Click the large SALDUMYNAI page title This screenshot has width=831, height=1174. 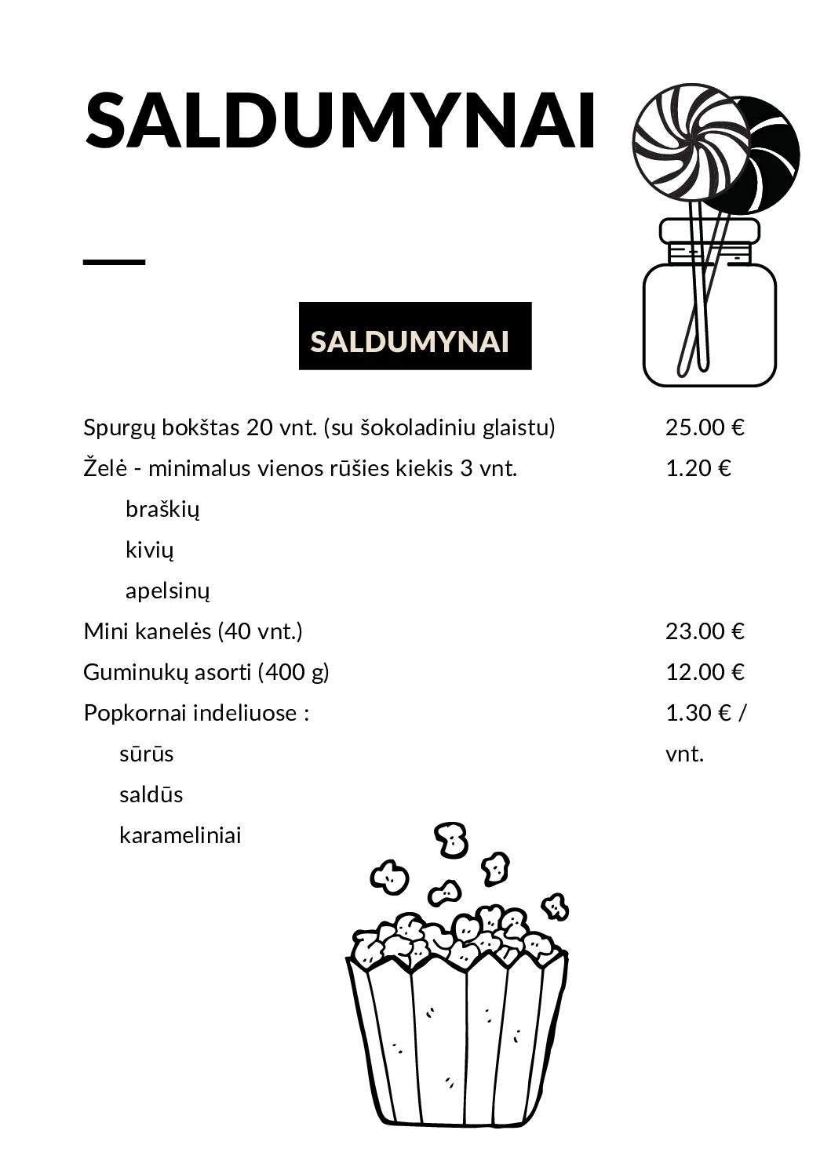(x=340, y=122)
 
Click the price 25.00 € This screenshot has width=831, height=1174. (x=704, y=427)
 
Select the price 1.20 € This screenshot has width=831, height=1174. (x=698, y=468)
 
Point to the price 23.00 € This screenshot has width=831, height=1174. (x=704, y=631)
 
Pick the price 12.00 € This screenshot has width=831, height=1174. (x=704, y=672)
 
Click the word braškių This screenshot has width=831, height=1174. (x=162, y=510)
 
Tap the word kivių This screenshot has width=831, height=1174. (x=149, y=551)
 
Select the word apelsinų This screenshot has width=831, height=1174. (x=167, y=591)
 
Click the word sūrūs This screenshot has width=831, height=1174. (x=146, y=754)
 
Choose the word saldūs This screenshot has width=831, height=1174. (x=151, y=795)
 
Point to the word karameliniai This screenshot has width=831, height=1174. (x=180, y=836)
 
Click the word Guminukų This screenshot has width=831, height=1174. (x=128, y=673)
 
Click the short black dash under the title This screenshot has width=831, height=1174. (x=114, y=262)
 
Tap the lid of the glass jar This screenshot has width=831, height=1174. (x=709, y=231)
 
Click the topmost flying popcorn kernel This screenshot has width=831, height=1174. (x=451, y=840)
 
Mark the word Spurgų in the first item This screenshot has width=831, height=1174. (x=120, y=428)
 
